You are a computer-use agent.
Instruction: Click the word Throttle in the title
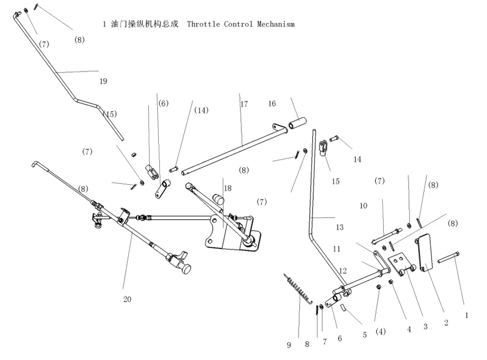click(x=204, y=24)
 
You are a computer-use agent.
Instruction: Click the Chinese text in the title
click(x=144, y=24)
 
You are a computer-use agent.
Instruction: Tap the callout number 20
click(x=127, y=299)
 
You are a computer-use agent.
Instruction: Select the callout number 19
click(x=103, y=81)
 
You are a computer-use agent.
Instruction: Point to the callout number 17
click(x=243, y=104)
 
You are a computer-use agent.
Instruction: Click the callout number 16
click(x=272, y=104)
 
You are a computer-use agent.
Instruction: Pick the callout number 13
click(x=339, y=227)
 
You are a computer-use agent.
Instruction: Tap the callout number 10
click(x=363, y=205)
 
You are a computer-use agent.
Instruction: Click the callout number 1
click(x=466, y=314)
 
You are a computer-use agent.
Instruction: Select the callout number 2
click(x=446, y=322)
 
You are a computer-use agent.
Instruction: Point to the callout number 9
click(x=289, y=345)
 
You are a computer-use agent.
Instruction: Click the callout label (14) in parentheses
click(x=201, y=110)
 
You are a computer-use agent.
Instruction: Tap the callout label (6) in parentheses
click(x=163, y=104)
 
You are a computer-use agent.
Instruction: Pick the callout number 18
click(x=228, y=188)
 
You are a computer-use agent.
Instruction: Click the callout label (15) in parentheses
click(x=110, y=114)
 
